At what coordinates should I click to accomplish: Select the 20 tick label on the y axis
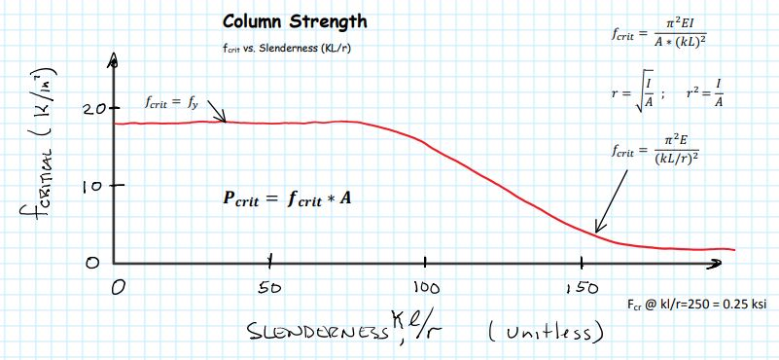pyautogui.click(x=93, y=108)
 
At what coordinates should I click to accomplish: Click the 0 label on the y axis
pyautogui.click(x=92, y=262)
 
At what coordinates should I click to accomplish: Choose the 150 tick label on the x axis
pyautogui.click(x=581, y=288)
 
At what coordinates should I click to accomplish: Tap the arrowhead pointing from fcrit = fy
pyautogui.click(x=225, y=121)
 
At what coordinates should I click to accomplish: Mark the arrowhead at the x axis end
pyautogui.click(x=720, y=262)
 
